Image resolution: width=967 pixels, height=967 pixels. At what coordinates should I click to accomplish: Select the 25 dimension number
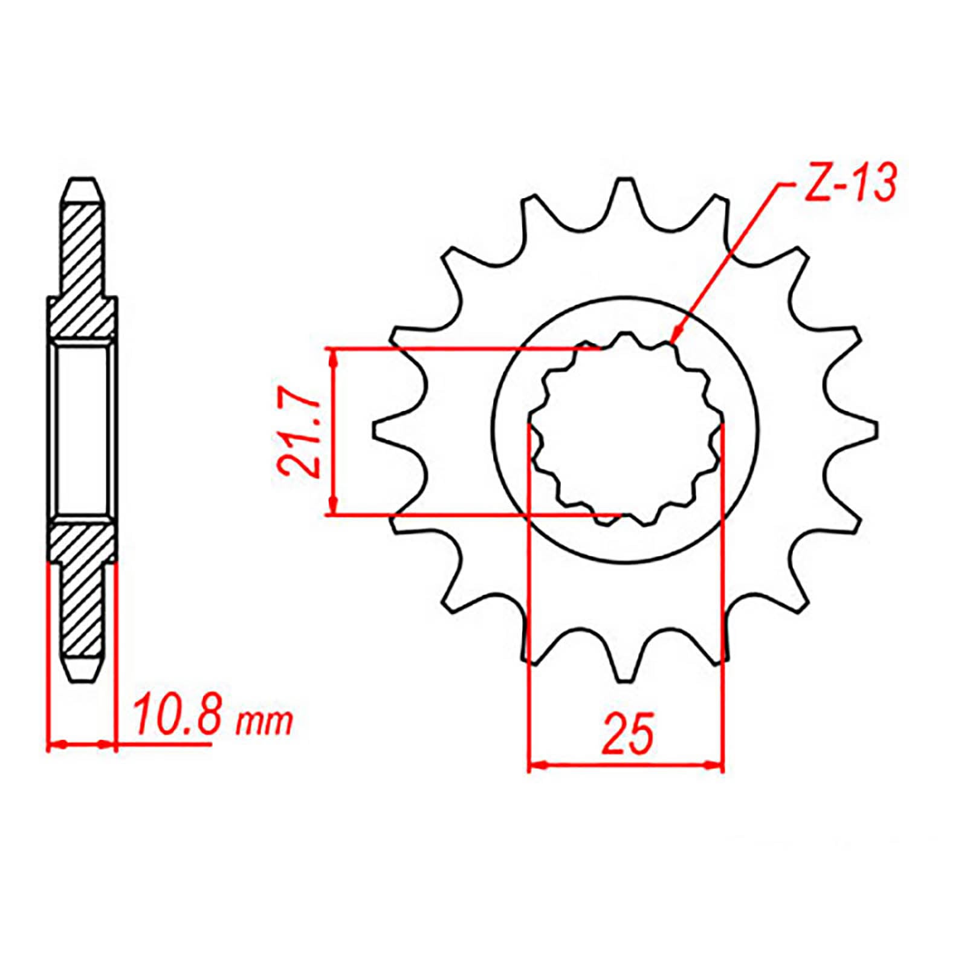coord(627,734)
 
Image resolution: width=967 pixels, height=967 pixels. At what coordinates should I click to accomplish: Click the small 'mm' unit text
coord(265,722)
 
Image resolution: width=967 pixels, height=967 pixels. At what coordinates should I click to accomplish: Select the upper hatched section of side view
coord(82,272)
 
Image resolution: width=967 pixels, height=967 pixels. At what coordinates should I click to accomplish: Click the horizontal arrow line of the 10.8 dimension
coord(81,745)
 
